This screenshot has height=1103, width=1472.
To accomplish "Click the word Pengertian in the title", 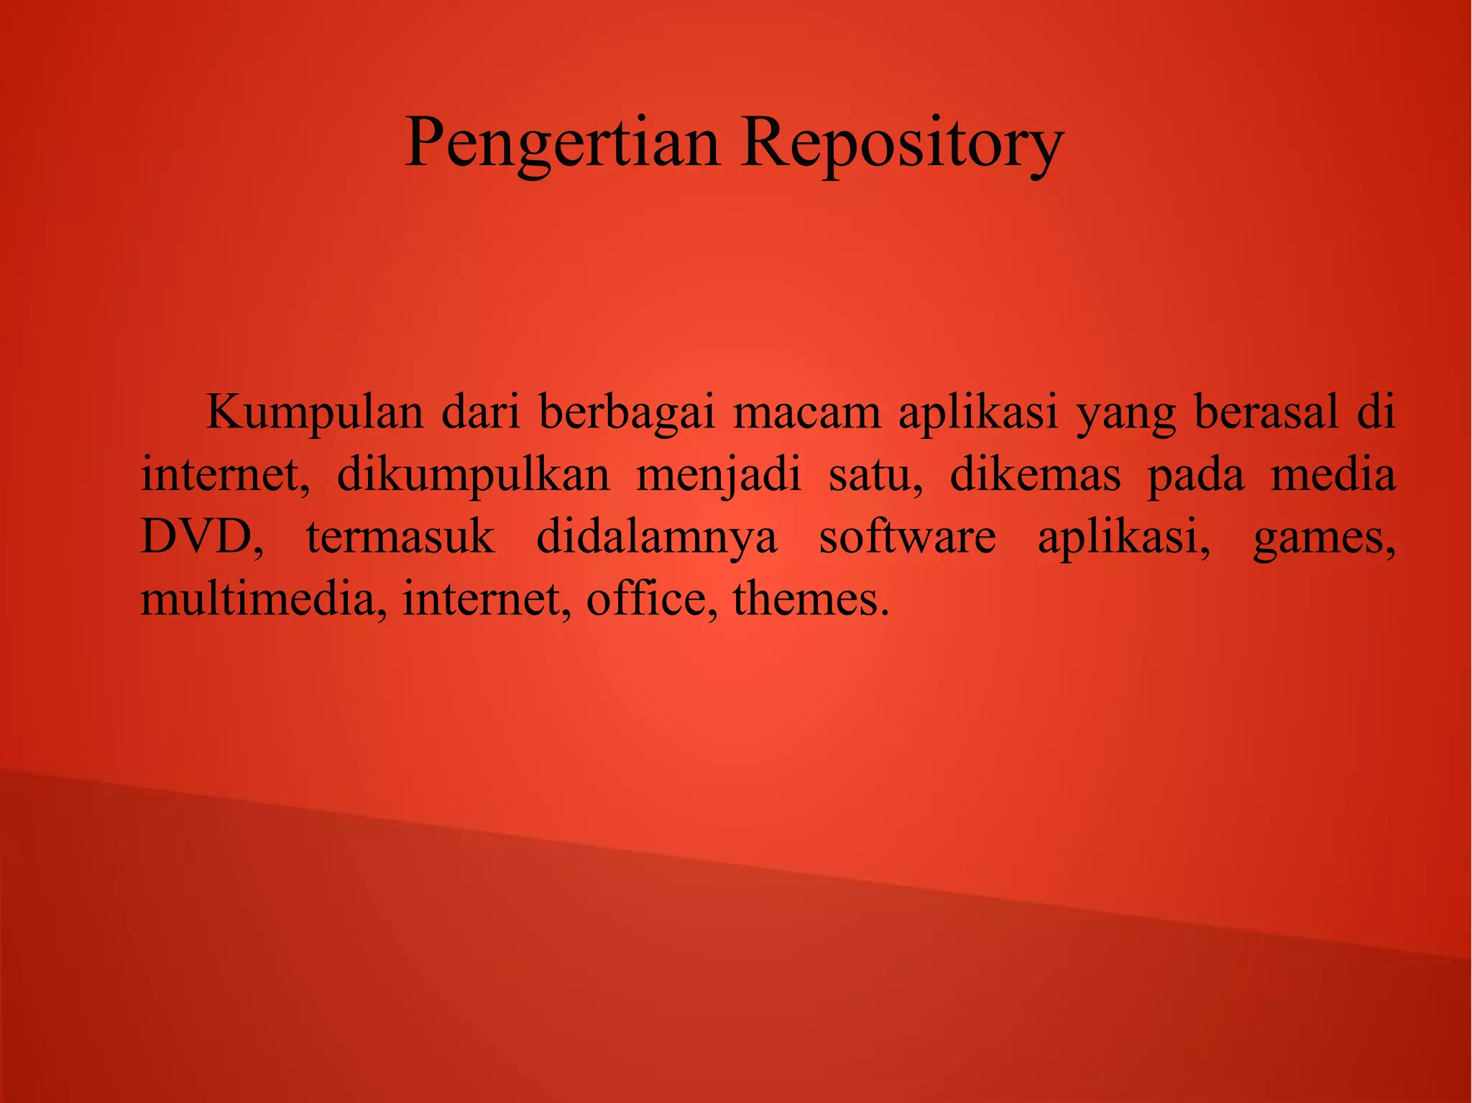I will tap(562, 143).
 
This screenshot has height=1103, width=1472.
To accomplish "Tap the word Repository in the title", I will tap(901, 143).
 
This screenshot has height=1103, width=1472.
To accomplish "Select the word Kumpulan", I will tap(315, 413).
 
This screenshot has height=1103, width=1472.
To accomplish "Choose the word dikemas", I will tap(1035, 476).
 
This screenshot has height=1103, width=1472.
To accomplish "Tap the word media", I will tap(1333, 476).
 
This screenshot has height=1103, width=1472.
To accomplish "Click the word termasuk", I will tap(400, 537).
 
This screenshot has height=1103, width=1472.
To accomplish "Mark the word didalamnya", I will tap(657, 538).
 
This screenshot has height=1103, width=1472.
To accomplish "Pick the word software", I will tap(908, 537).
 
